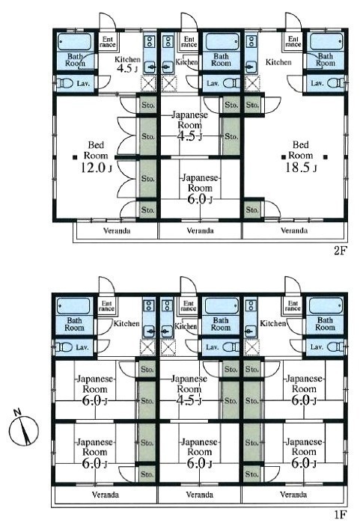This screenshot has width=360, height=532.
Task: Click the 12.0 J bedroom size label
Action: tap(96, 168)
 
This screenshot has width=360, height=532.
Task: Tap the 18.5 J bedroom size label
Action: tap(301, 168)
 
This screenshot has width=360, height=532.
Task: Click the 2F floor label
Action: tap(341, 251)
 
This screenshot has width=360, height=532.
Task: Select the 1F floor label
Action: tap(341, 515)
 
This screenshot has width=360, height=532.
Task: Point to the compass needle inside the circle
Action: tap(25, 430)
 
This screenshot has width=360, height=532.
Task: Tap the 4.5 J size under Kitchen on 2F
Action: tap(127, 68)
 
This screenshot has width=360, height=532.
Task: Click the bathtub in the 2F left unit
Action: tap(75, 42)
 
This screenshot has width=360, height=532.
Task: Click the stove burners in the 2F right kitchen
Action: tap(251, 42)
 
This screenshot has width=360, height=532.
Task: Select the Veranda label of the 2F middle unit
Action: tap(200, 231)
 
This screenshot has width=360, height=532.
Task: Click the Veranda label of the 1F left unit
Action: tap(106, 495)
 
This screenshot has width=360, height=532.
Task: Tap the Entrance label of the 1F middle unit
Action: tap(189, 306)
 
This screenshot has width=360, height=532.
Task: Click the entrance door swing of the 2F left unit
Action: tap(108, 21)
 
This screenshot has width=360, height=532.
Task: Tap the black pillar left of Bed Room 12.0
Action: tap(74, 157)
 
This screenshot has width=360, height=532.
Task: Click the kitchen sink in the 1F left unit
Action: tap(149, 331)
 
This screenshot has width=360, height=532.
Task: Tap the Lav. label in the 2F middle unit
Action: tap(213, 83)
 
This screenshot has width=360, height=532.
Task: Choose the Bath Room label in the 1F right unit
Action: tap(325, 324)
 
